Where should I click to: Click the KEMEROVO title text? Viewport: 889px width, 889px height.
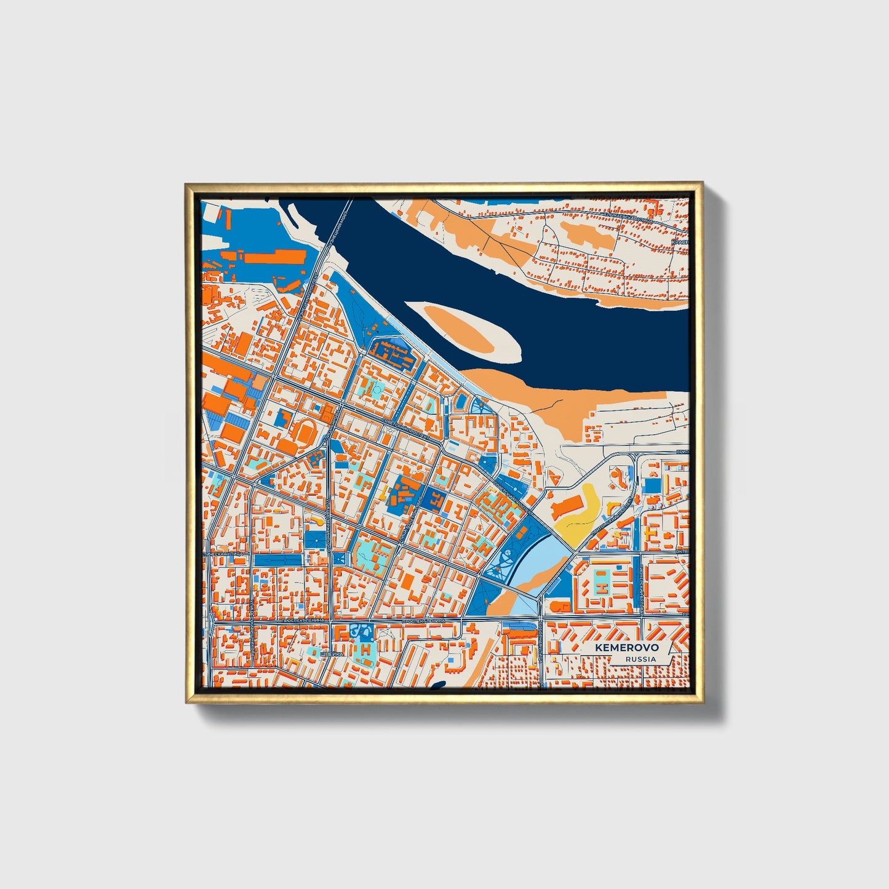[627, 647]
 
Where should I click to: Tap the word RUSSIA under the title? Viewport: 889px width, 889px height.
[640, 659]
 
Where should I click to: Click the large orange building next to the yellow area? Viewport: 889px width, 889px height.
[564, 508]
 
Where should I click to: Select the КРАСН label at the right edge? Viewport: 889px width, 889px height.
[680, 242]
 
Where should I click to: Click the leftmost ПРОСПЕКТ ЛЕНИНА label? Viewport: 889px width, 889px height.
[301, 621]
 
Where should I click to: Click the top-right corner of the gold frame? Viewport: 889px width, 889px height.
[702, 183]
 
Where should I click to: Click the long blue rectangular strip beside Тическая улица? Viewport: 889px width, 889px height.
[277, 560]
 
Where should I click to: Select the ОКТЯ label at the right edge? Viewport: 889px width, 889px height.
[682, 552]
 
